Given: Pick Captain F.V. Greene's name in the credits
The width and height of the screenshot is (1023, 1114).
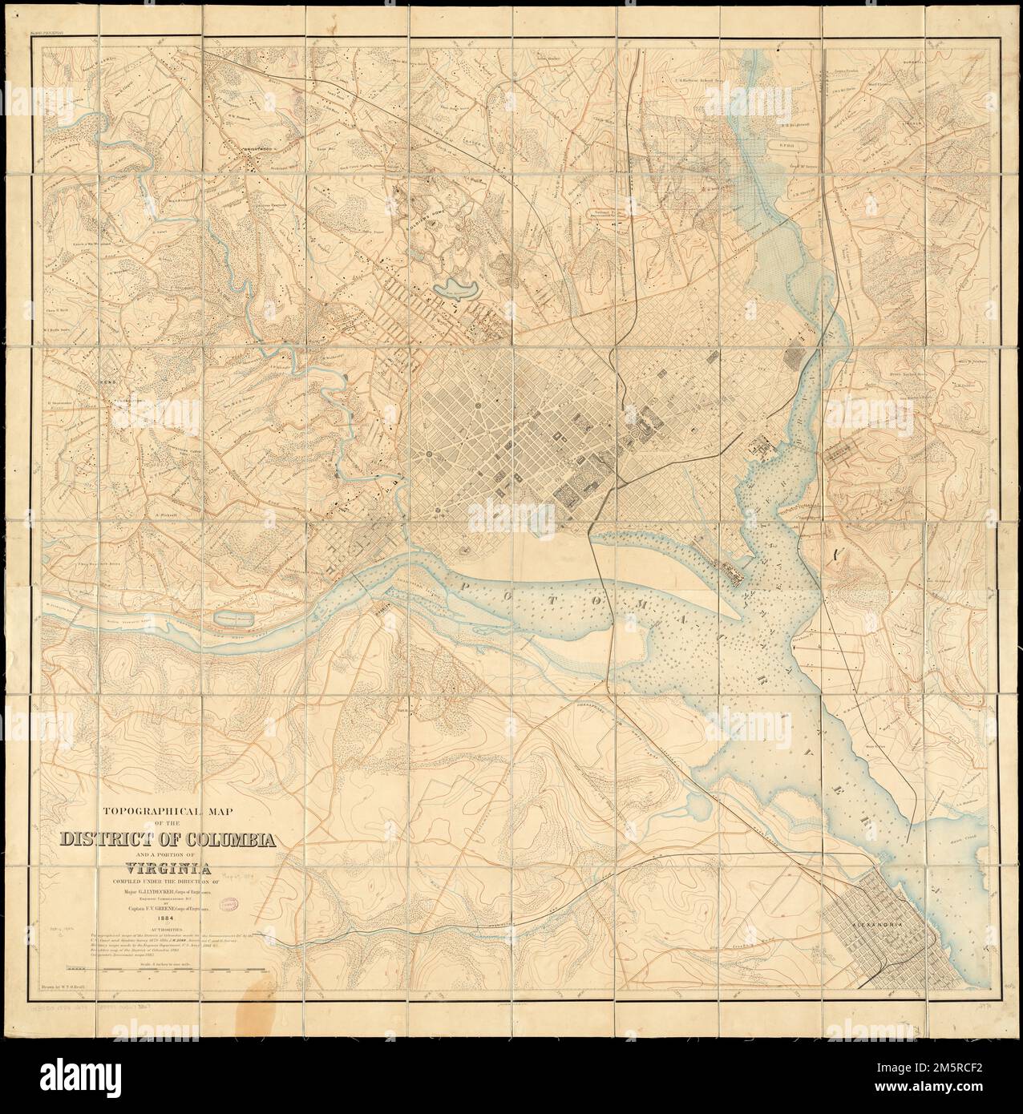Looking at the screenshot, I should [163, 909].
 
